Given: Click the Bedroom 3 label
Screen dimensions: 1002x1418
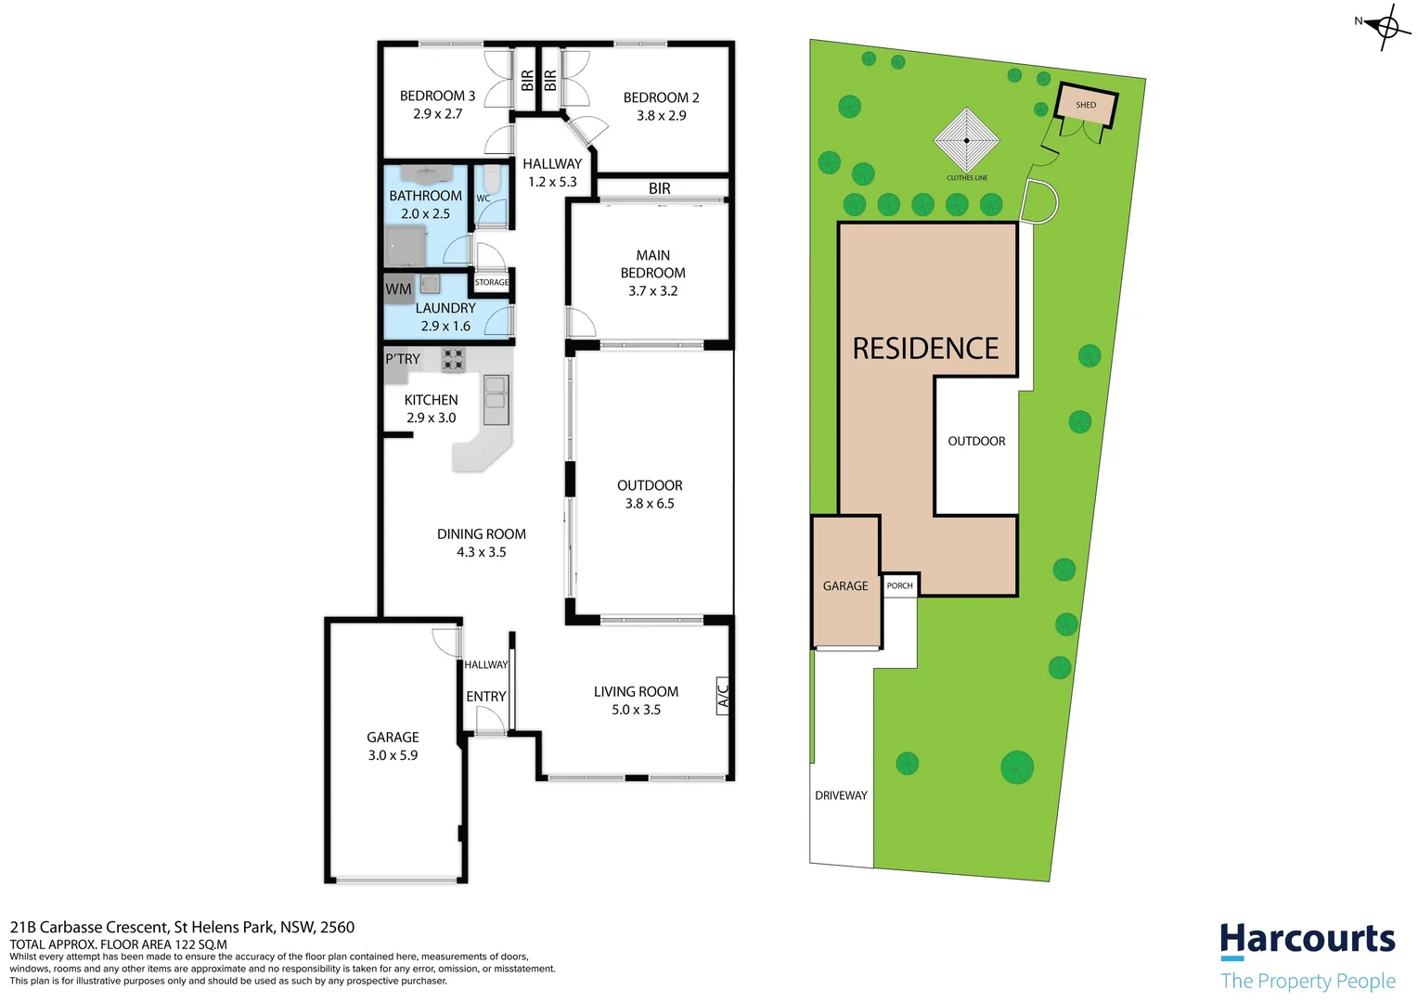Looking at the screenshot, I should click(x=437, y=96).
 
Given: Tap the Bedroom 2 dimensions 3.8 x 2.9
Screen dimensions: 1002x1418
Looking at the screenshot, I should click(x=661, y=116).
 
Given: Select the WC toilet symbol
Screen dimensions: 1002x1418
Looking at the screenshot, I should click(x=492, y=179).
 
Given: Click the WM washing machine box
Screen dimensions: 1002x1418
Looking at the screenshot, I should click(x=398, y=289).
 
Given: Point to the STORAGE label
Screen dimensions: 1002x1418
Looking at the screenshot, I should click(x=492, y=282).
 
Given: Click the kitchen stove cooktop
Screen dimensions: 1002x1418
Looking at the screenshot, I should click(x=453, y=359).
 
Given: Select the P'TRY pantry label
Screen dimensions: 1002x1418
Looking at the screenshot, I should click(x=403, y=359).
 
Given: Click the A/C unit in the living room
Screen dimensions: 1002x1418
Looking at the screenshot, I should click(x=723, y=694).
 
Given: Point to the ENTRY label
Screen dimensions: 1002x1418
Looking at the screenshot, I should click(x=485, y=697).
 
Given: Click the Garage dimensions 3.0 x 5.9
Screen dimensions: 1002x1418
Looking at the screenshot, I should click(x=393, y=755).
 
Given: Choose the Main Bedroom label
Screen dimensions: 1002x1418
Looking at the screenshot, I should click(x=652, y=264).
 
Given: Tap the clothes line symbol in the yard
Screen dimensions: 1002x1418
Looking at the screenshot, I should click(x=966, y=141).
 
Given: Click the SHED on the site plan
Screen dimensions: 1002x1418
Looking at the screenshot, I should click(x=1086, y=105).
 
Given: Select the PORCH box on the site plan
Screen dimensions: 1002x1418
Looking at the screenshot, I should click(x=899, y=585).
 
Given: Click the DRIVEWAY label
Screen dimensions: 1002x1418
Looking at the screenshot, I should click(x=841, y=795).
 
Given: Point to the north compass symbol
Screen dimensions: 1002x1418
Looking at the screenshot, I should click(x=1386, y=26).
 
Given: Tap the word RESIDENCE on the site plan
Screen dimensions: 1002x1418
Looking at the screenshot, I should click(x=925, y=349).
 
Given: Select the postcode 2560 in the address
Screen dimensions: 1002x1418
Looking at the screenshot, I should click(x=337, y=927).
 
